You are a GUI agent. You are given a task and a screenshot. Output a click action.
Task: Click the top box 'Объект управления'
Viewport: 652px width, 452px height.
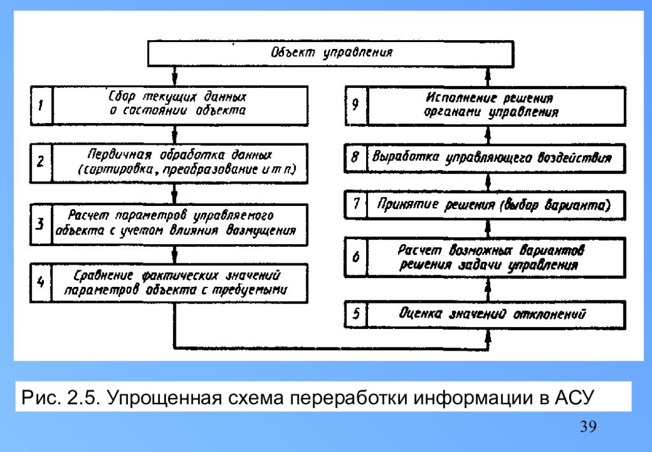coord(330,54)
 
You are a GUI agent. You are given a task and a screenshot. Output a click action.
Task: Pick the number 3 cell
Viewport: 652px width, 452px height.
coord(41,222)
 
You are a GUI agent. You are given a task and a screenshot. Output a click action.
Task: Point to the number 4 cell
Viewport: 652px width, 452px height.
coord(41,282)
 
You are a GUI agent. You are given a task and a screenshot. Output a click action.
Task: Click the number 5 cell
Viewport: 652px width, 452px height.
coord(356,314)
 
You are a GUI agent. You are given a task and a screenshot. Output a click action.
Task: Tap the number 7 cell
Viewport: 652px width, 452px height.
coord(356,205)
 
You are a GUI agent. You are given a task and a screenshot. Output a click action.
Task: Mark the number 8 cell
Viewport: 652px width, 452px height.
coord(356,157)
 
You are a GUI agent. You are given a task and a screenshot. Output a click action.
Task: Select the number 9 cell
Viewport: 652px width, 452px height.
coord(356,105)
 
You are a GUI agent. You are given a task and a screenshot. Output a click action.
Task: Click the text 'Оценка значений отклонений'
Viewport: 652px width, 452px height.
coord(493,314)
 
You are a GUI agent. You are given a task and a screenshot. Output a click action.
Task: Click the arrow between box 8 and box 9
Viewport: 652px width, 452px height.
coord(488,135)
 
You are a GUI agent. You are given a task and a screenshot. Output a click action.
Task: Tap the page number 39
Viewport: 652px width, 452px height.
coord(588,426)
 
